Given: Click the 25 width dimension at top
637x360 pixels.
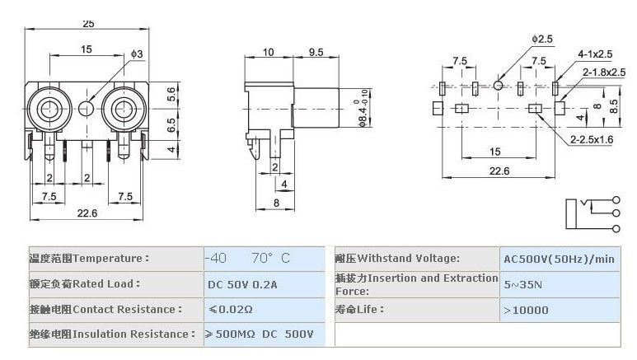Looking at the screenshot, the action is (88, 24).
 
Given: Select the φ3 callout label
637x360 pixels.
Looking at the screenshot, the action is (137, 54).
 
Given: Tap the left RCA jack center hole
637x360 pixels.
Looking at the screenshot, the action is (49, 109).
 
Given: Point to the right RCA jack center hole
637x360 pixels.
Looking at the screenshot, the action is (123, 109).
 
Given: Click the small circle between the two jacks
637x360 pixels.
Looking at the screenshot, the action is (87, 109).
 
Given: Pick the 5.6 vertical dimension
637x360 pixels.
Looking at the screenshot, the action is (171, 94).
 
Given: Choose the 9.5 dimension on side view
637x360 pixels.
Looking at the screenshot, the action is (316, 52).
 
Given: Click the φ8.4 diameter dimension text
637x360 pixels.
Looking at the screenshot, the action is (363, 108).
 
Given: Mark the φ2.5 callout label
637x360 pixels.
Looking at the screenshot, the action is (542, 39).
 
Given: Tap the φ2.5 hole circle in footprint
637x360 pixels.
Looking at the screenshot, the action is (498, 86).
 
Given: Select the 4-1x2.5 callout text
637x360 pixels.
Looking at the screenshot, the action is (595, 54).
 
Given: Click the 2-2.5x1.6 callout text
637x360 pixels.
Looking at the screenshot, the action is (592, 140).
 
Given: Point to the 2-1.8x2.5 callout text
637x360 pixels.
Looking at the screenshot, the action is (604, 72).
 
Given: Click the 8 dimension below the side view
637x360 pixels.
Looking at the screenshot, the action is (276, 203).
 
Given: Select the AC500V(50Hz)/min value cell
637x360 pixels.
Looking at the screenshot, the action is (560, 259).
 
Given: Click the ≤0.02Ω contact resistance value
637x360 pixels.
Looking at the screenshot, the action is (231, 310).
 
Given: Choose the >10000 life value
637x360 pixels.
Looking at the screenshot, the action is (526, 311).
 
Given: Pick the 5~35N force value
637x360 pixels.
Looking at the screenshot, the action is (522, 284).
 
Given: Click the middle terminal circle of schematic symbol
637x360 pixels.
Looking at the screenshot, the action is (616, 213).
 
